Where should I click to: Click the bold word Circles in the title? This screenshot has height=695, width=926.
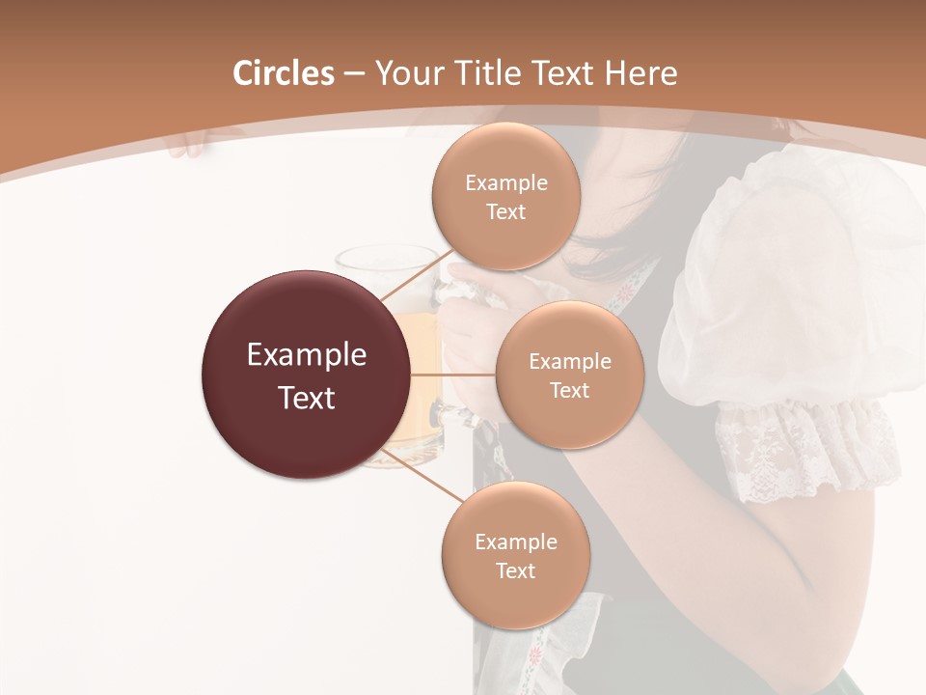(x=284, y=73)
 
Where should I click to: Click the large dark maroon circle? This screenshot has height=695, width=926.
(x=306, y=375)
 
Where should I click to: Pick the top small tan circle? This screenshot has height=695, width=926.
(x=505, y=197)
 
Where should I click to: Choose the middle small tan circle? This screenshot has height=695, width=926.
(x=569, y=375)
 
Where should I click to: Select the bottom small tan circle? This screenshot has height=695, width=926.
(x=515, y=556)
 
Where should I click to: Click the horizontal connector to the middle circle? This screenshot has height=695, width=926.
(x=452, y=375)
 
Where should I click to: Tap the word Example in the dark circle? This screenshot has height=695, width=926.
(x=306, y=355)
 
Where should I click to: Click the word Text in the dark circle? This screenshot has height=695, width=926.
(x=306, y=398)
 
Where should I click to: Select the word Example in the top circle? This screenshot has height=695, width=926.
(x=505, y=182)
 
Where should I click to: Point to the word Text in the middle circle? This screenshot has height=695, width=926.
(x=569, y=390)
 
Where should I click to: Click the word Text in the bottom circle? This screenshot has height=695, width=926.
(x=515, y=570)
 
